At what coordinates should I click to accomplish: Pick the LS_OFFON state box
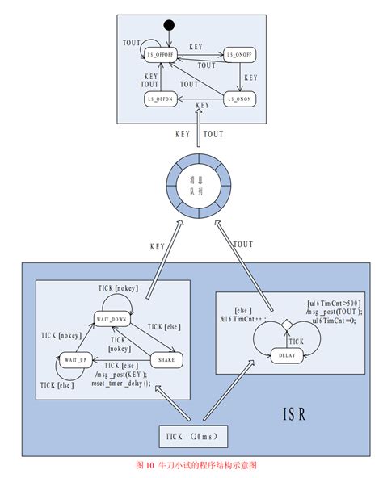[x=160, y=99]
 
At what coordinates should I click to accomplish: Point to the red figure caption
[x=191, y=466]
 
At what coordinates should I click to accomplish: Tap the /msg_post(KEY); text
[x=120, y=375]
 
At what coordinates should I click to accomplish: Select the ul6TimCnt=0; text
[x=331, y=320]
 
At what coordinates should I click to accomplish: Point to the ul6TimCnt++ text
[x=246, y=319]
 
